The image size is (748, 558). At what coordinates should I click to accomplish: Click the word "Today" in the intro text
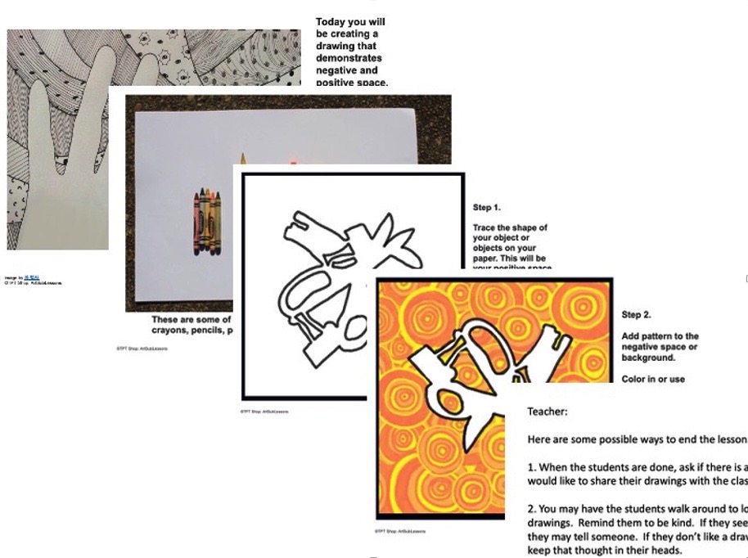331,22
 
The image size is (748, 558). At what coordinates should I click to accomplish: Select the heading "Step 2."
638,315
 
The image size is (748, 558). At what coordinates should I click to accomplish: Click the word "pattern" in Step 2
660,336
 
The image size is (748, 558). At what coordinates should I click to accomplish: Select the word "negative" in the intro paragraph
337,70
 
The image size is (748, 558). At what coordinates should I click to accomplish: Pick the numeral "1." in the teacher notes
531,467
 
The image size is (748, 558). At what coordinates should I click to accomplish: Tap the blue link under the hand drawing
30,277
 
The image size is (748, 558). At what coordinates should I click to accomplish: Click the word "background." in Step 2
651,358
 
